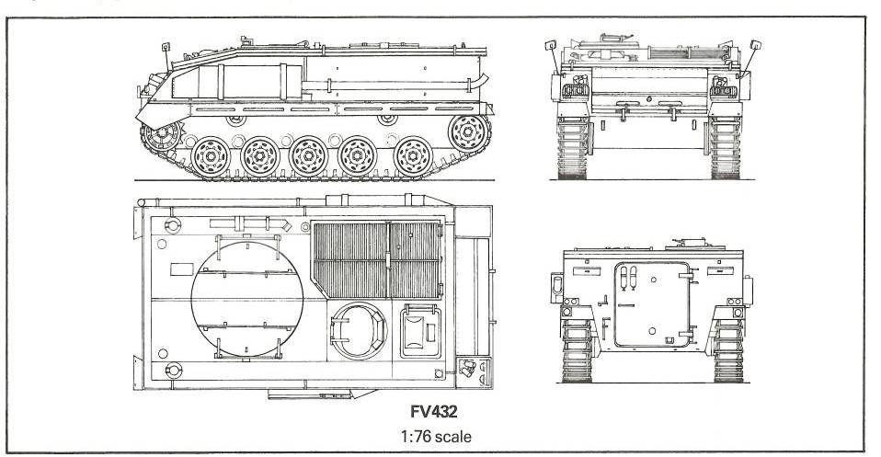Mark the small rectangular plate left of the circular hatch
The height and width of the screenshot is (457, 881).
point(182,269)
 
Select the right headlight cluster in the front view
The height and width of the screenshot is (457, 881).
point(722,89)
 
